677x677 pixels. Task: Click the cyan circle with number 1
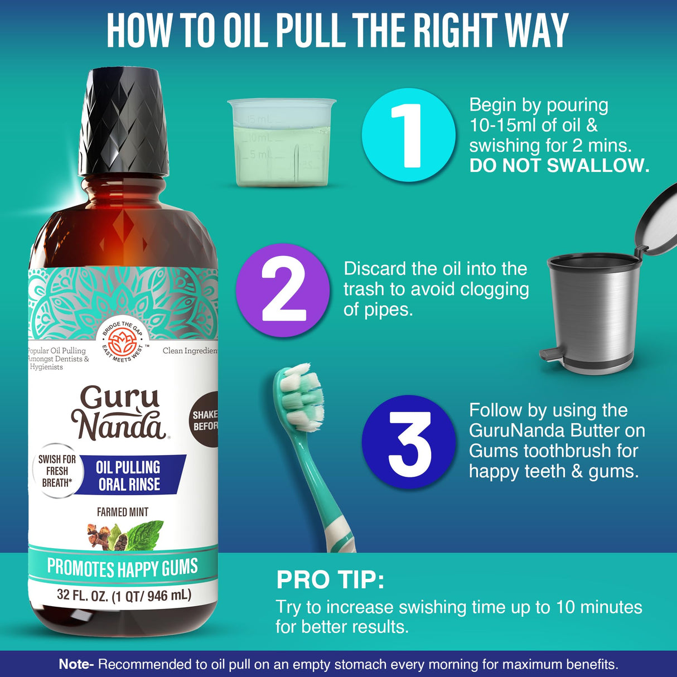pyautogui.click(x=409, y=135)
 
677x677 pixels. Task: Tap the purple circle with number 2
pyautogui.click(x=283, y=291)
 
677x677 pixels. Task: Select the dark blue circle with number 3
pyautogui.click(x=409, y=442)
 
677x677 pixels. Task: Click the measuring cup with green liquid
pyautogui.click(x=281, y=143)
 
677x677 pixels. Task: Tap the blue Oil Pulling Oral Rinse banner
pyautogui.click(x=129, y=475)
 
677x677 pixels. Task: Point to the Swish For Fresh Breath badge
pyautogui.click(x=56, y=471)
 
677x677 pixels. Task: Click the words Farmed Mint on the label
pyautogui.click(x=123, y=511)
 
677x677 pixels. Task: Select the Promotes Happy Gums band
pyautogui.click(x=123, y=568)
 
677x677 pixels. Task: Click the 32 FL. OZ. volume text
pyautogui.click(x=124, y=596)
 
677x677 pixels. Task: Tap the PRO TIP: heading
pyautogui.click(x=330, y=580)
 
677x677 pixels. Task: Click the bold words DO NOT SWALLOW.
pyautogui.click(x=559, y=166)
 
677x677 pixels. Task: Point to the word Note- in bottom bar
pyautogui.click(x=77, y=664)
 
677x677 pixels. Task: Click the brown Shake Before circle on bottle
pyautogui.click(x=205, y=420)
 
